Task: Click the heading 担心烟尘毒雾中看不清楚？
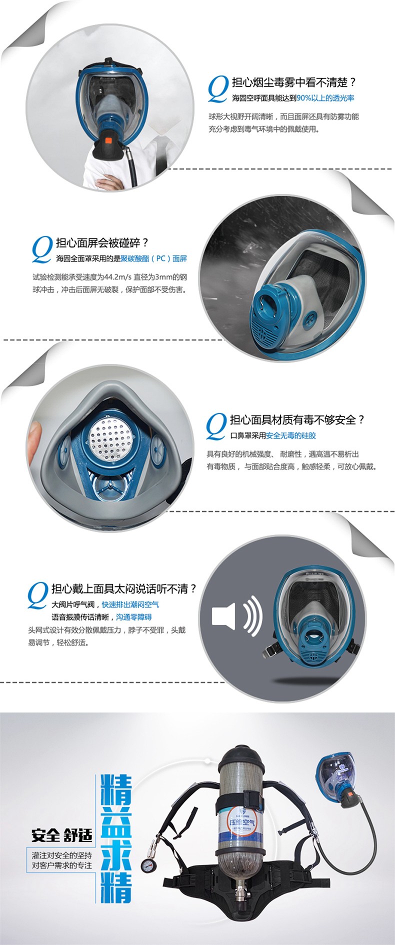pyautogui.click(x=293, y=82)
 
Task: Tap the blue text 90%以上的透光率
pyautogui.click(x=325, y=98)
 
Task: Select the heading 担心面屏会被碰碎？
pyautogui.click(x=102, y=243)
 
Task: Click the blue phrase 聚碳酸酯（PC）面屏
pyautogui.click(x=153, y=258)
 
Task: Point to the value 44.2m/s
pyautogui.click(x=117, y=276)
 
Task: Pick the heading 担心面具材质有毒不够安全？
pyautogui.click(x=297, y=419)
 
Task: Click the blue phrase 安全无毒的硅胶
pyautogui.click(x=291, y=435)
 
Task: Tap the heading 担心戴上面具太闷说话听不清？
pyautogui.click(x=124, y=588)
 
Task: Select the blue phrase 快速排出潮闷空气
pyautogui.click(x=130, y=604)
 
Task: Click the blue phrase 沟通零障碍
pyautogui.click(x=133, y=617)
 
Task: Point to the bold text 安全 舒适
pyautogui.click(x=61, y=835)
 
